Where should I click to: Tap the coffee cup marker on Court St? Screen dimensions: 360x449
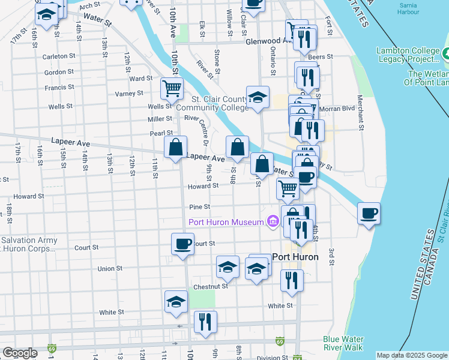(x=182, y=244)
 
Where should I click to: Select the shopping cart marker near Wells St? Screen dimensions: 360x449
(x=172, y=89)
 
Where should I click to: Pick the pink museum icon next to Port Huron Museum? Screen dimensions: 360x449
(x=273, y=222)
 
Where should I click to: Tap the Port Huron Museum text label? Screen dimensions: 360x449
(x=226, y=222)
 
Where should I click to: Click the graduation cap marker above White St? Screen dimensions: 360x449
(x=176, y=302)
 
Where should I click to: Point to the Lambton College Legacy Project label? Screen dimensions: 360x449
(x=408, y=55)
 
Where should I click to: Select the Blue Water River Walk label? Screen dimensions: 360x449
(x=343, y=343)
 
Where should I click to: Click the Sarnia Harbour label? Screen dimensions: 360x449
(x=408, y=8)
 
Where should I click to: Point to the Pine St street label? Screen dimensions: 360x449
(x=199, y=206)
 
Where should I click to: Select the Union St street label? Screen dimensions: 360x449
(x=110, y=268)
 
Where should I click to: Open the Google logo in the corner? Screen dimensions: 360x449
(x=20, y=353)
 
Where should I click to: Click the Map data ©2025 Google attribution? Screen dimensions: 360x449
(x=412, y=355)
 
